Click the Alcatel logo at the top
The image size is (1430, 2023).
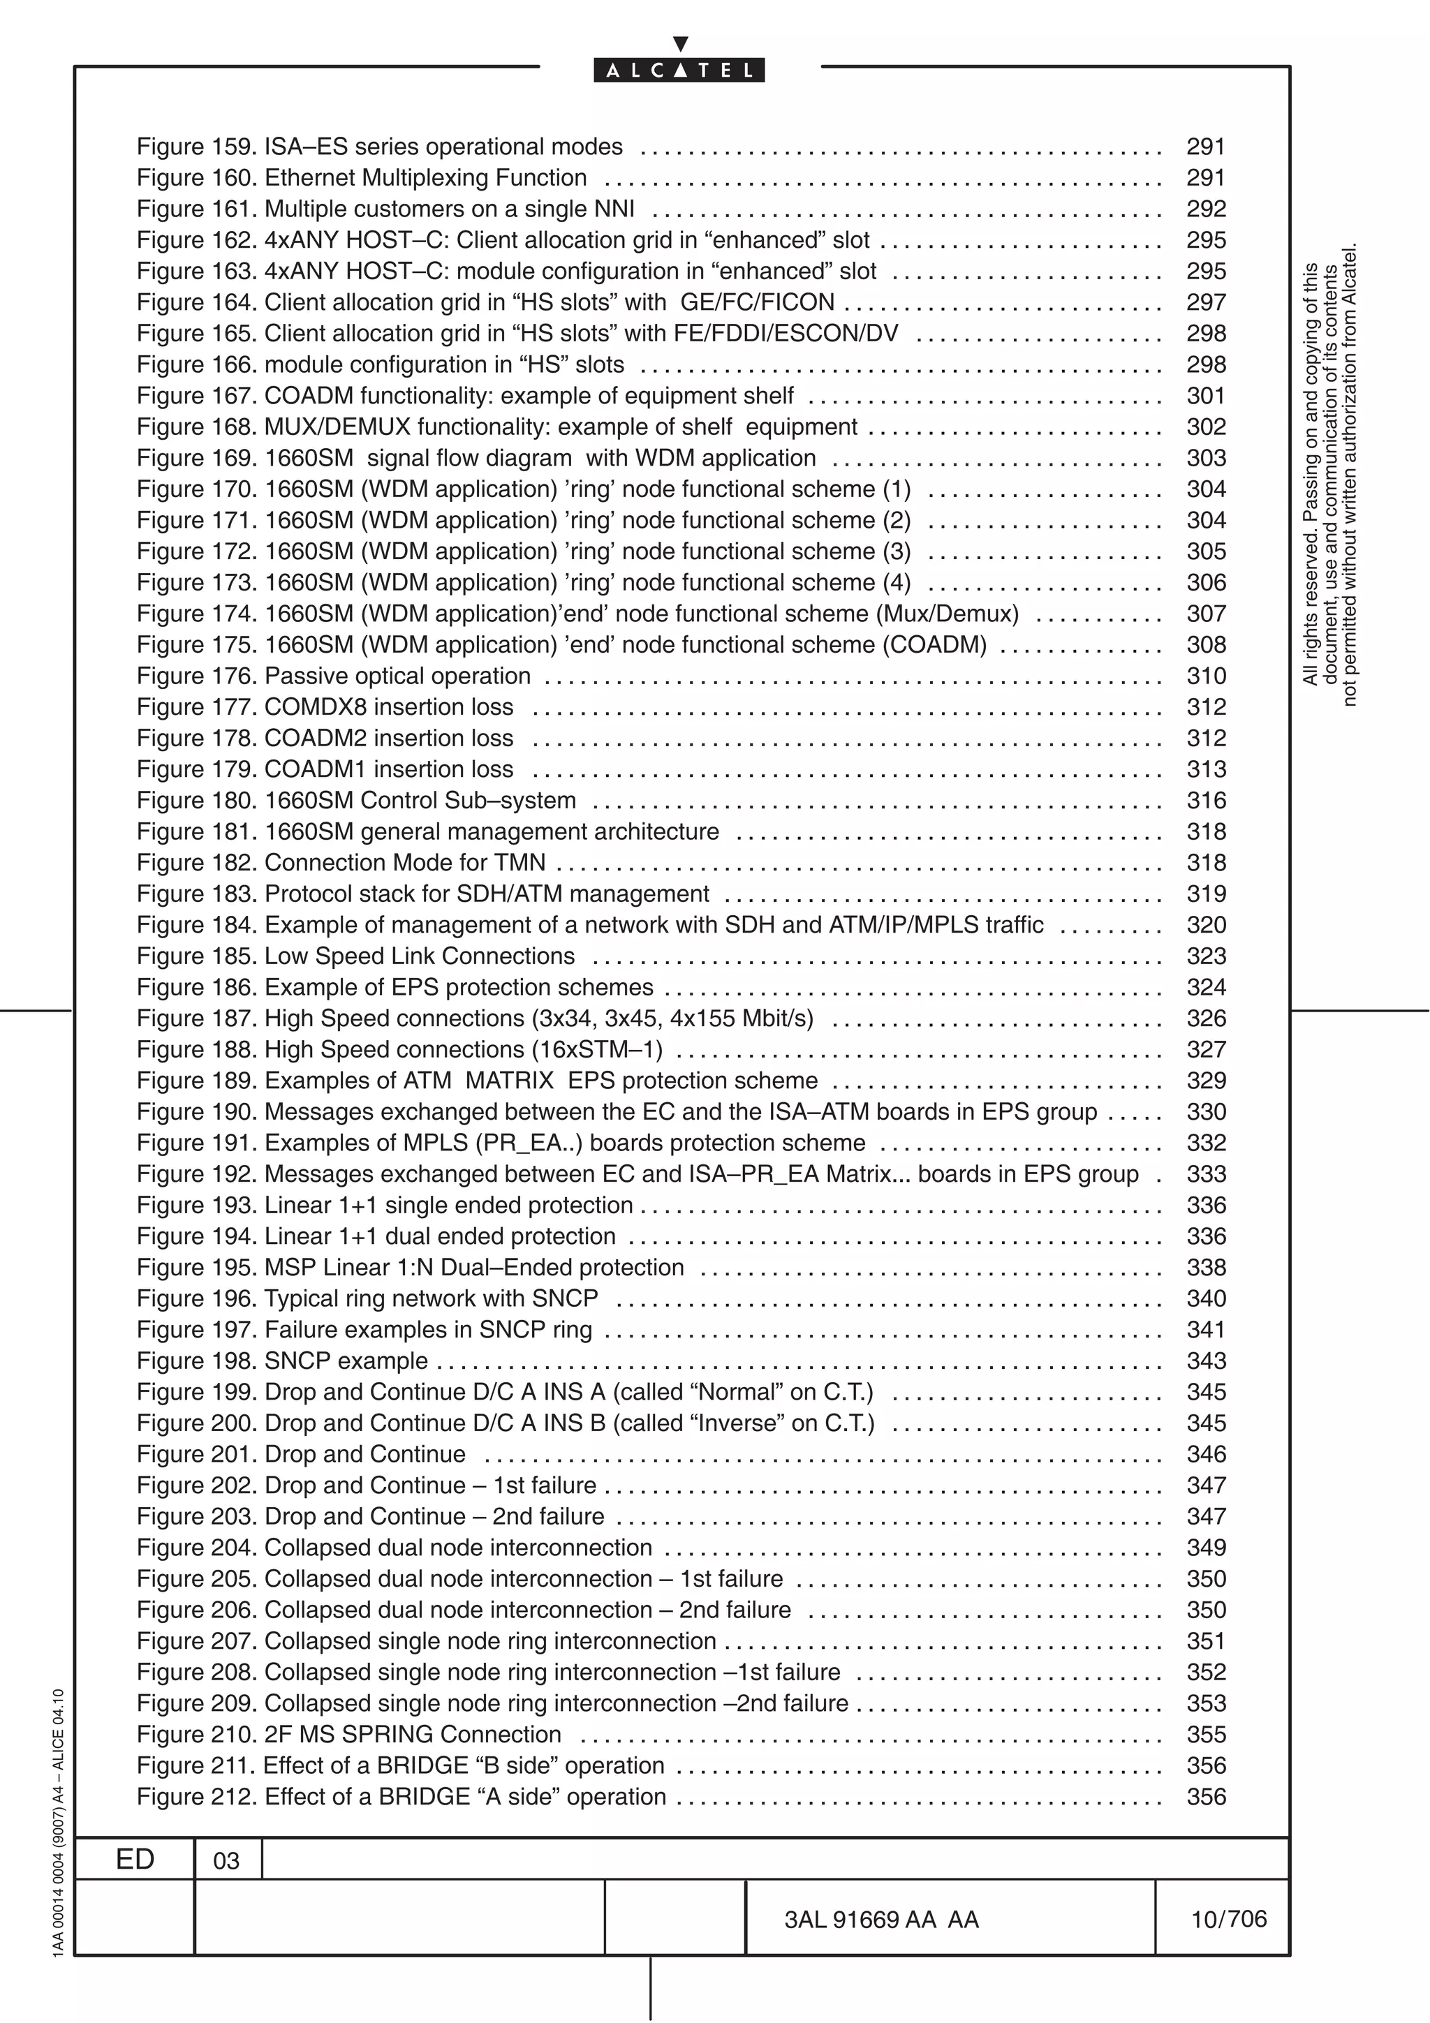point(679,70)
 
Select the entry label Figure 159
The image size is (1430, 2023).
point(196,147)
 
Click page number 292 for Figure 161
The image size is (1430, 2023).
point(1205,209)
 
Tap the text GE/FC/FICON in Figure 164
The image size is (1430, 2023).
point(757,302)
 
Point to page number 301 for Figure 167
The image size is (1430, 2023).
point(1205,396)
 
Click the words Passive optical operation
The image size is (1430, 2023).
point(397,676)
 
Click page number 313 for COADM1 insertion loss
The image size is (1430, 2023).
point(1205,769)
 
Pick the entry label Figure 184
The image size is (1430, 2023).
point(196,925)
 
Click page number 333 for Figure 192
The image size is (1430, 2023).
point(1205,1173)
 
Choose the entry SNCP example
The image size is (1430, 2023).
point(346,1361)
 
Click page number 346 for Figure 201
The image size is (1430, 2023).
point(1205,1454)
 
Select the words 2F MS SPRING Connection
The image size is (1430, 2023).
point(413,1734)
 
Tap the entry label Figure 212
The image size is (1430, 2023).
point(196,1797)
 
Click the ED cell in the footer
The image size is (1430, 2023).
point(135,1859)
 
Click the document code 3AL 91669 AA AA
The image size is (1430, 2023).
point(881,1919)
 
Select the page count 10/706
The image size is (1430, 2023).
point(1228,1918)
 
